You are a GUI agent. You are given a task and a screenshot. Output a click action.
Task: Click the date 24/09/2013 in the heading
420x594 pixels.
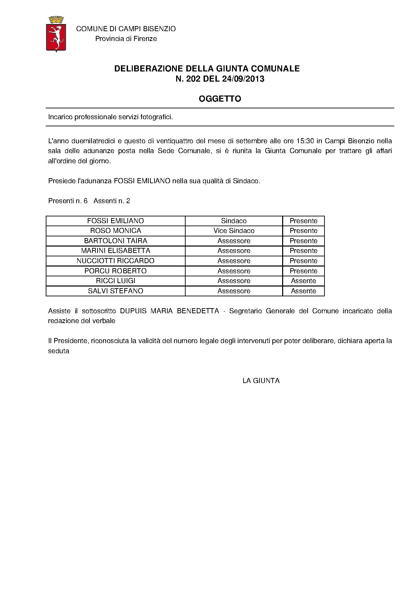pyautogui.click(x=243, y=79)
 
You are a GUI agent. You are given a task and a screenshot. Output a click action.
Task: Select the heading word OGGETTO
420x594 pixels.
pyautogui.click(x=220, y=99)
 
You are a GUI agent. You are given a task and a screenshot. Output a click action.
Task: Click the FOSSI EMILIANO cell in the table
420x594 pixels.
pyautogui.click(x=115, y=221)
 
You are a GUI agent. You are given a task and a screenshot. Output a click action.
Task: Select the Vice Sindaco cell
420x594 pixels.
pyautogui.click(x=234, y=231)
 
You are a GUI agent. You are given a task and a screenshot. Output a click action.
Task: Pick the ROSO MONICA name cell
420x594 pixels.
pyautogui.click(x=115, y=231)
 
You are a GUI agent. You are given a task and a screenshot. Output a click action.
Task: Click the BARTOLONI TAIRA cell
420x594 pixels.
pyautogui.click(x=115, y=241)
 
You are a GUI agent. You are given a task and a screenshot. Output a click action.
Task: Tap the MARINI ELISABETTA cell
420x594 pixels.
pyautogui.click(x=115, y=251)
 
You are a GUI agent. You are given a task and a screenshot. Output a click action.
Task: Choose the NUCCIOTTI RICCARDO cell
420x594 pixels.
pyautogui.click(x=115, y=261)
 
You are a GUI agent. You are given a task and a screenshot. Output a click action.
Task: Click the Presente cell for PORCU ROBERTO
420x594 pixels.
pyautogui.click(x=303, y=271)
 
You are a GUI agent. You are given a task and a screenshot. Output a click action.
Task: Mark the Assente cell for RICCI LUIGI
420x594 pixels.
pyautogui.click(x=303, y=281)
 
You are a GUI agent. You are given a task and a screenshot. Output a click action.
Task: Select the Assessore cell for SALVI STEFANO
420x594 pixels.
pyautogui.click(x=234, y=291)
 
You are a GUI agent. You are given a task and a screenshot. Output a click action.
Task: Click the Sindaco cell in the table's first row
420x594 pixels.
pyautogui.click(x=234, y=221)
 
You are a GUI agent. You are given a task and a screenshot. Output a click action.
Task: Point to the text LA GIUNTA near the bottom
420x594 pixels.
pyautogui.click(x=261, y=381)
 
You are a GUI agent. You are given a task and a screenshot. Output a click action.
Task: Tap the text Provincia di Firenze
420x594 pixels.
pyautogui.click(x=126, y=39)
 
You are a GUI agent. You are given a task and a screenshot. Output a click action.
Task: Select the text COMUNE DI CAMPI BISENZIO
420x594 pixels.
pyautogui.click(x=126, y=29)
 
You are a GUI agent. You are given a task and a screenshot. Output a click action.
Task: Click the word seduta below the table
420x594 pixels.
pyautogui.click(x=59, y=351)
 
